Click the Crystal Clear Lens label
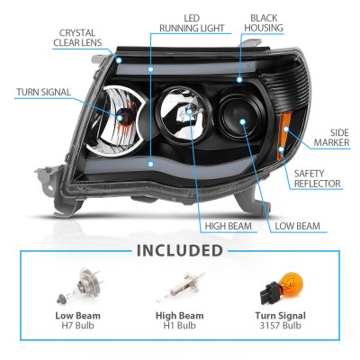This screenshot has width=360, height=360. pos(77,38)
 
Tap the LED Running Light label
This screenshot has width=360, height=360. pos(192,23)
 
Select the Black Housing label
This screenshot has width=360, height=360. pos(264,22)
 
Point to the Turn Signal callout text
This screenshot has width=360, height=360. pos(44,92)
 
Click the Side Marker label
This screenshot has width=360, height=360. pos(331,138)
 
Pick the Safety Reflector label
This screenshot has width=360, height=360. pos(318,178)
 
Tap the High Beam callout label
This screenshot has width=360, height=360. pos(229,226)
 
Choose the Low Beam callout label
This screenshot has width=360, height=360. pos(297,226)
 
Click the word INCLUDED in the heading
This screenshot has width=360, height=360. pos(180,251)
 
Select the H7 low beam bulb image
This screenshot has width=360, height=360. pos(80,285)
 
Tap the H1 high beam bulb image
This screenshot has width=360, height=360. pos(180,287)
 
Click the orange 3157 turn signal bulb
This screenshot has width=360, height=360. pos(282,287)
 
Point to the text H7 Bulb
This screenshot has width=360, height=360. pos(77,325)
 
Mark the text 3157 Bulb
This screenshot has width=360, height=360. pos(281,325)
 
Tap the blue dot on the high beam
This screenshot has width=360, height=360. pos(189,112)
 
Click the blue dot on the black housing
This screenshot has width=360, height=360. pos(239,80)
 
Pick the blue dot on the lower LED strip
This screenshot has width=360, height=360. pos(150,164)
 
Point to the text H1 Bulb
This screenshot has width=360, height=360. pos(179,325)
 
